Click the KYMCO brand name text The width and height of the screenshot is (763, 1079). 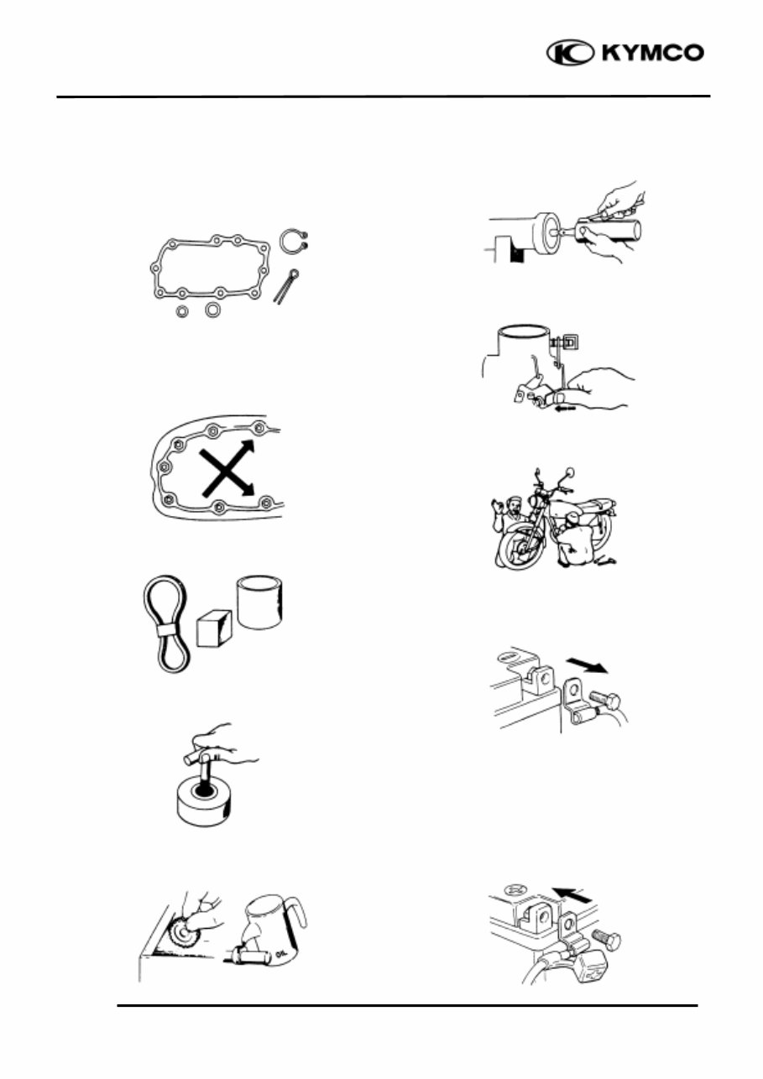click(651, 53)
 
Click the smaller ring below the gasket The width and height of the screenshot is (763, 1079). click(181, 312)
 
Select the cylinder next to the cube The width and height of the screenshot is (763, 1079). click(266, 602)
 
